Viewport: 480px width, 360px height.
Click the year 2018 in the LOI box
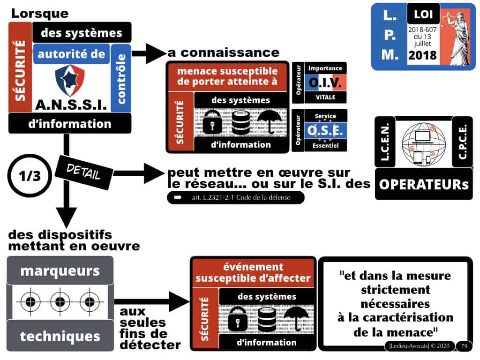pyautogui.click(x=422, y=56)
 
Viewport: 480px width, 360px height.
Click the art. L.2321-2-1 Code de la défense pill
pyautogui.click(x=235, y=198)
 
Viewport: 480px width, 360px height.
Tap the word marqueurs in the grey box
pyautogui.click(x=60, y=270)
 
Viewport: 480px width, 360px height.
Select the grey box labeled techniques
pyautogui.click(x=60, y=336)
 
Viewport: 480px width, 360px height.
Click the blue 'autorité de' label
pyautogui.click(x=71, y=54)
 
